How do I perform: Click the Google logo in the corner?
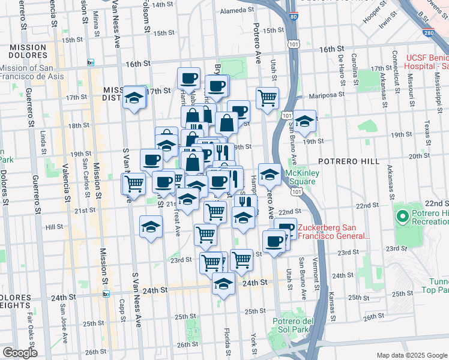coord(19,353)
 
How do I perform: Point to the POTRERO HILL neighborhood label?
coord(349,161)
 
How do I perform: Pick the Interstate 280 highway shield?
coord(428,34)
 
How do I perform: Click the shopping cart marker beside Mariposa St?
coord(267,97)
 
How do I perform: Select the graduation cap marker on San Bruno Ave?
coord(304,121)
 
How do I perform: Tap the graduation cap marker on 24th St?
coord(224,284)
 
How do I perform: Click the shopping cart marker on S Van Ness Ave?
coord(134,184)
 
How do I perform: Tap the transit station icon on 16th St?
coord(91,62)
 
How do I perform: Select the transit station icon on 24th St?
coord(106,293)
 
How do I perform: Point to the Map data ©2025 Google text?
coord(411,355)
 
